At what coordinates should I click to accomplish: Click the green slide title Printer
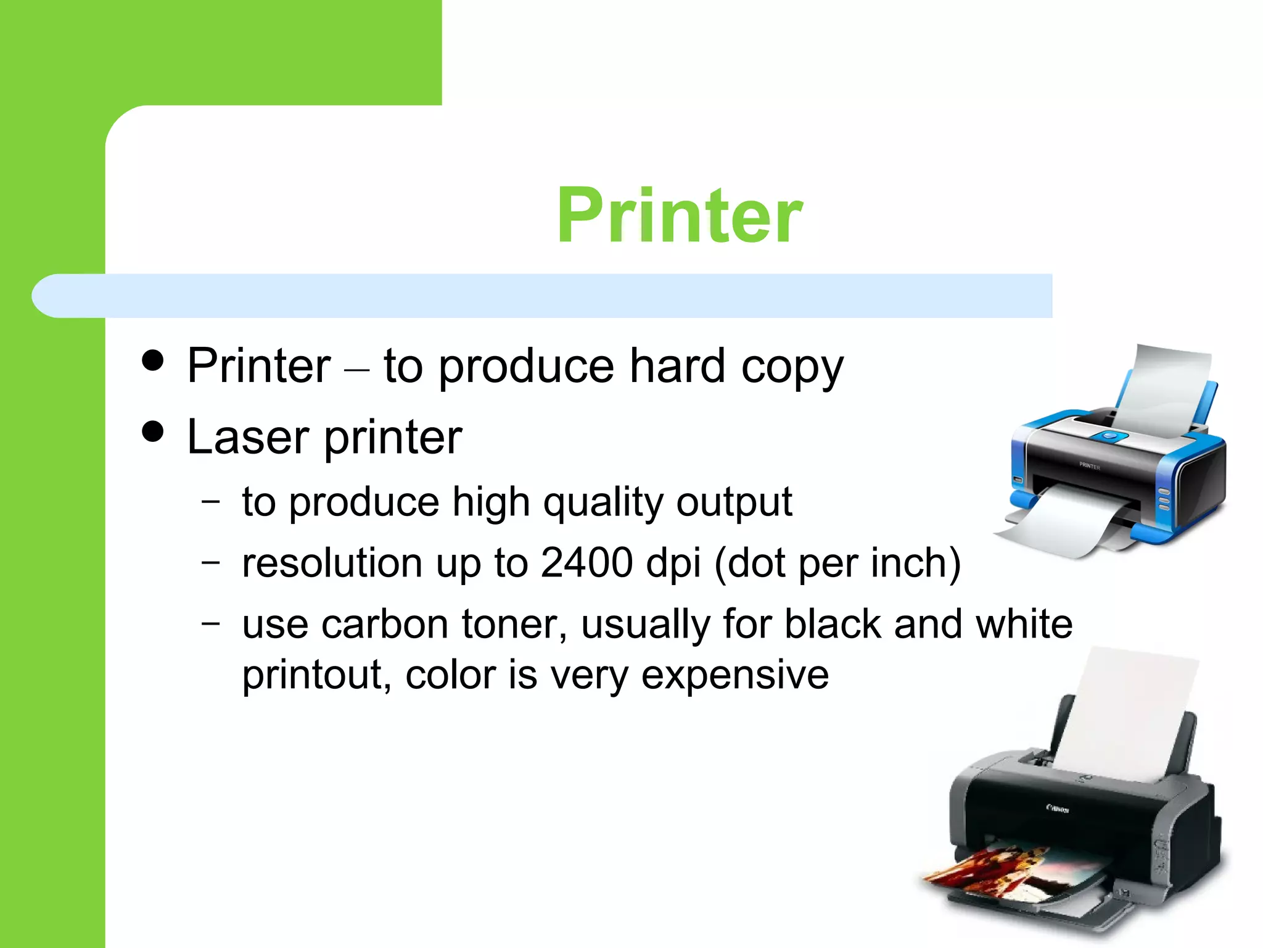679,215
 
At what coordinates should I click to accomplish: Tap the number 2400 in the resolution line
586,563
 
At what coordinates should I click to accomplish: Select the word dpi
673,564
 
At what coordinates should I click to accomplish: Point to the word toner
514,624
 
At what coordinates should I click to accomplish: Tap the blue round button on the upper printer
1109,436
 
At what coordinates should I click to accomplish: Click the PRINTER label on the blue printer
1089,466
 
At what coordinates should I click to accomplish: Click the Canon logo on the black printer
1058,808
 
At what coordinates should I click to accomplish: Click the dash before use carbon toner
210,623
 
